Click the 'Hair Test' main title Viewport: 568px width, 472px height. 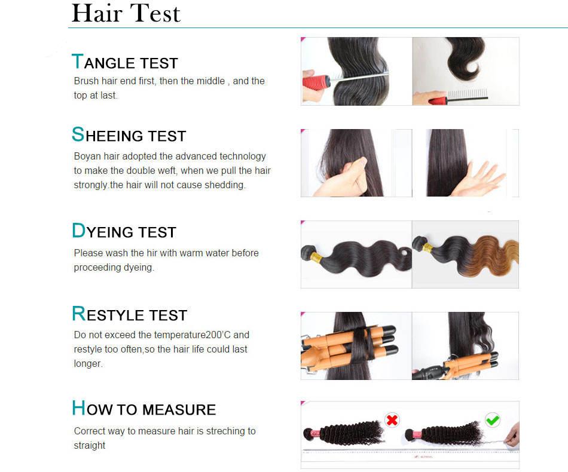pos(126,13)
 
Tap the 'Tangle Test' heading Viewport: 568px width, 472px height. pos(124,62)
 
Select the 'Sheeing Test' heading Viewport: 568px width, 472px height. pos(129,134)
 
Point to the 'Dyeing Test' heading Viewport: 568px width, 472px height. pos(124,231)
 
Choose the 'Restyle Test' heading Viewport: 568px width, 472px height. pos(129,314)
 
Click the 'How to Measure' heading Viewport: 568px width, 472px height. pos(144,408)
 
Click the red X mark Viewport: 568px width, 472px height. pos(392,420)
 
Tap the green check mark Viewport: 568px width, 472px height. pos(493,420)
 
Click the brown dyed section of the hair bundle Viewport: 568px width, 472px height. pos(493,256)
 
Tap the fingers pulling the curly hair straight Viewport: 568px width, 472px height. pos(513,436)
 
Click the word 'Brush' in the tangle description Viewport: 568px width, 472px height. pos(86,81)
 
